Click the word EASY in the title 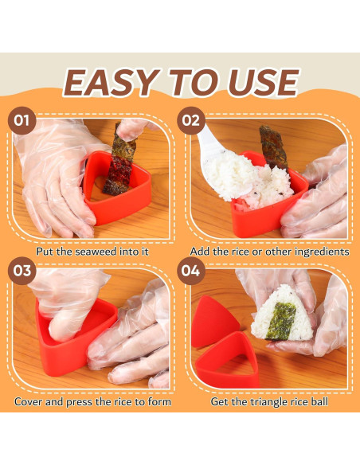(112, 83)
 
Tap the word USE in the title (264, 83)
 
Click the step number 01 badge (22, 121)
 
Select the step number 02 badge (191, 121)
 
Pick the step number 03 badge (22, 271)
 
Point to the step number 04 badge (191, 271)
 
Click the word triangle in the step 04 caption (268, 402)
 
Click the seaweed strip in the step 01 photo (120, 160)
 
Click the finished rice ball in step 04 (282, 316)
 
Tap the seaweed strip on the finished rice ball (281, 321)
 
